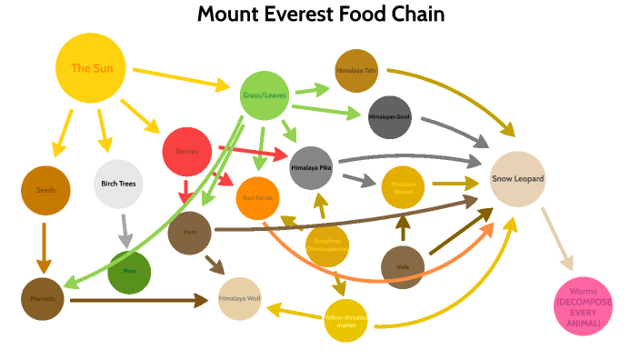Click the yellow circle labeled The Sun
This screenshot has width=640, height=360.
point(92,68)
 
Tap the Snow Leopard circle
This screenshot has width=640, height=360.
point(517,179)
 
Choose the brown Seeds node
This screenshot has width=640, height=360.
point(45,190)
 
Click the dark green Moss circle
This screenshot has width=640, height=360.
point(129,272)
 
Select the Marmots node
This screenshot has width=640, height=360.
point(42,298)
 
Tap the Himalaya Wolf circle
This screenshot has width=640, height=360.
point(241,298)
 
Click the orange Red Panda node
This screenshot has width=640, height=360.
point(260,197)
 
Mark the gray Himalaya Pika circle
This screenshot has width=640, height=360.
point(312,168)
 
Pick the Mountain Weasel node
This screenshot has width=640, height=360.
point(404,188)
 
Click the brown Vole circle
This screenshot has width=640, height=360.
point(404,267)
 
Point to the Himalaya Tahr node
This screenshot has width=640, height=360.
point(355,71)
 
